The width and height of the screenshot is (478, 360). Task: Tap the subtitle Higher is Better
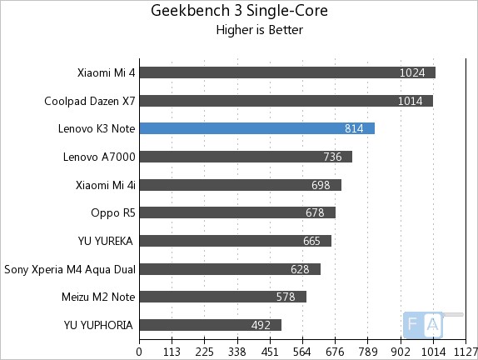click(x=259, y=31)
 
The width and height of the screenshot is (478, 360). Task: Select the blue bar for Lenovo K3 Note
click(x=256, y=128)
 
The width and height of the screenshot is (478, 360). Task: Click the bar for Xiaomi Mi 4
click(x=287, y=72)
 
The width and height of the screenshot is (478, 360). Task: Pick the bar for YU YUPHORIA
click(x=210, y=325)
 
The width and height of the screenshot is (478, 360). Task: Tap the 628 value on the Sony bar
click(x=300, y=269)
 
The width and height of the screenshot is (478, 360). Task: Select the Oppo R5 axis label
click(x=113, y=212)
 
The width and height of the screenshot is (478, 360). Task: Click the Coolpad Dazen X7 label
click(x=90, y=101)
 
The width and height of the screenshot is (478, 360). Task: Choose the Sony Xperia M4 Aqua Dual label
click(x=70, y=269)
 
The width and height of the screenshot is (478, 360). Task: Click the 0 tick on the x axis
click(x=139, y=351)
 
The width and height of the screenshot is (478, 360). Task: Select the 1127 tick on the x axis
click(x=465, y=351)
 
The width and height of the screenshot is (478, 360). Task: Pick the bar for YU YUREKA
click(x=235, y=241)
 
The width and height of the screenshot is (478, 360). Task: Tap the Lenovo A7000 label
click(x=99, y=157)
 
